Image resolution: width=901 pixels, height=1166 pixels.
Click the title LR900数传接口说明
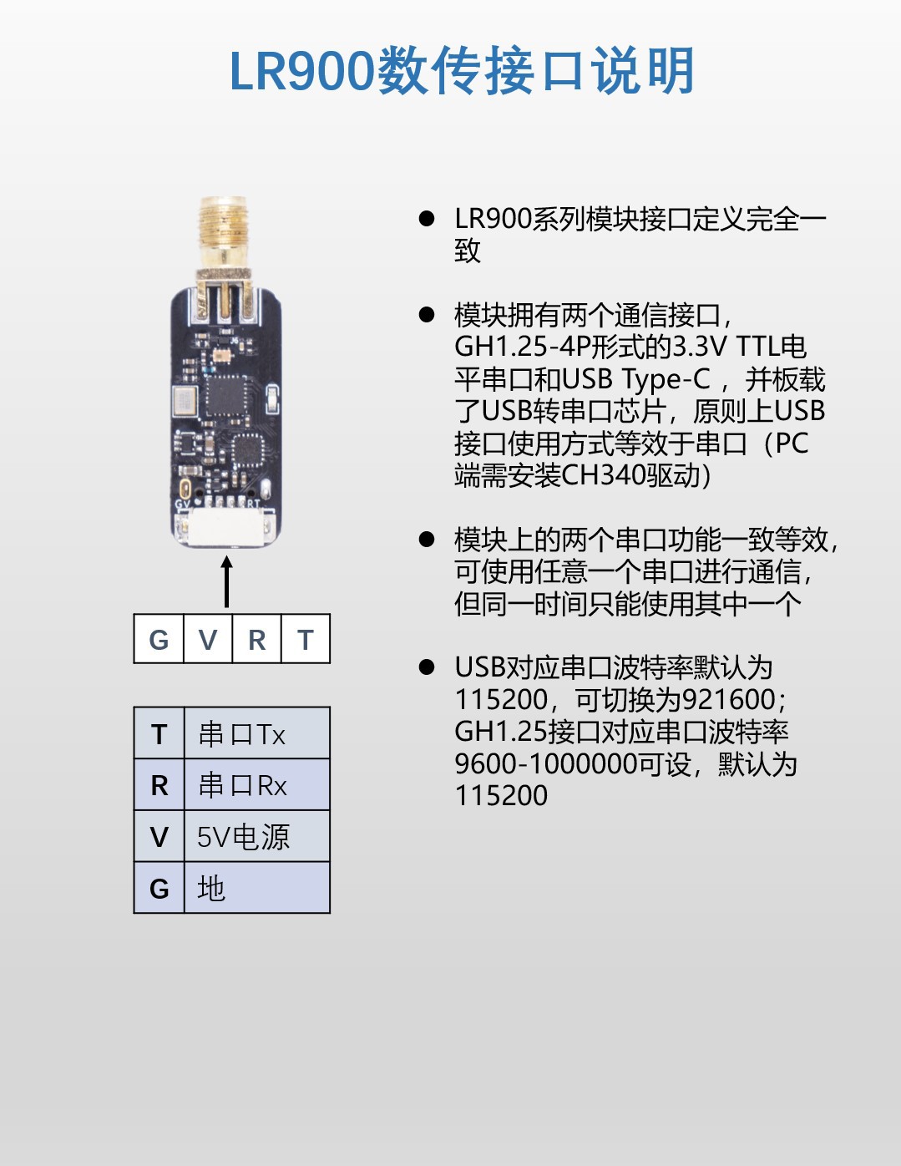(x=462, y=71)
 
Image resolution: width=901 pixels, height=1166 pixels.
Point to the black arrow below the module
(x=227, y=581)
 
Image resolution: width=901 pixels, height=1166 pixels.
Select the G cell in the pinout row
(x=159, y=638)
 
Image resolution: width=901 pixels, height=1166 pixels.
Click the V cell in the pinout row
(x=208, y=638)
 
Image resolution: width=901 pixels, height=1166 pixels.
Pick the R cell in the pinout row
(x=257, y=638)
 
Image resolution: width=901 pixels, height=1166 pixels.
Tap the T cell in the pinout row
(x=306, y=638)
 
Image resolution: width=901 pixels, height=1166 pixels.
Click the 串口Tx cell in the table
(x=257, y=733)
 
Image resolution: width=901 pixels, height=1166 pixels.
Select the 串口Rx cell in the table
(x=257, y=784)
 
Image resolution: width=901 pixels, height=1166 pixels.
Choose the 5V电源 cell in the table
(x=257, y=836)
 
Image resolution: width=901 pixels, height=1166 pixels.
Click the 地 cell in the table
(x=257, y=888)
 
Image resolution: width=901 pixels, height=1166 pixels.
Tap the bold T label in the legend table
(x=159, y=734)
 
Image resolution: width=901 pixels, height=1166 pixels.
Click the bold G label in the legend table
(x=159, y=889)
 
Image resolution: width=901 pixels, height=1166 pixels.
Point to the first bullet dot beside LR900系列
(x=427, y=218)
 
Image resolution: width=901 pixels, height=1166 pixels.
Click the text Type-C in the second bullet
(x=666, y=379)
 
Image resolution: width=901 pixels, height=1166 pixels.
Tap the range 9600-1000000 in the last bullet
(x=546, y=763)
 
